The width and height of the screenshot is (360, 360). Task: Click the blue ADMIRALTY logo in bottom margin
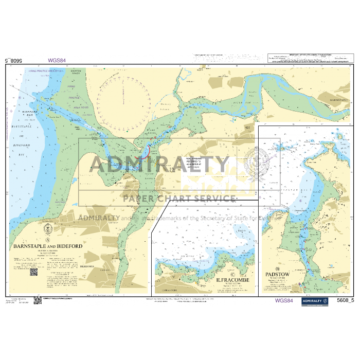315,301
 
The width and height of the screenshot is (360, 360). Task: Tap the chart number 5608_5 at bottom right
345,301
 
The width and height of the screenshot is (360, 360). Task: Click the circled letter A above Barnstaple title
48,240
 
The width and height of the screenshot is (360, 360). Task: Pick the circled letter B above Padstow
277,269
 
